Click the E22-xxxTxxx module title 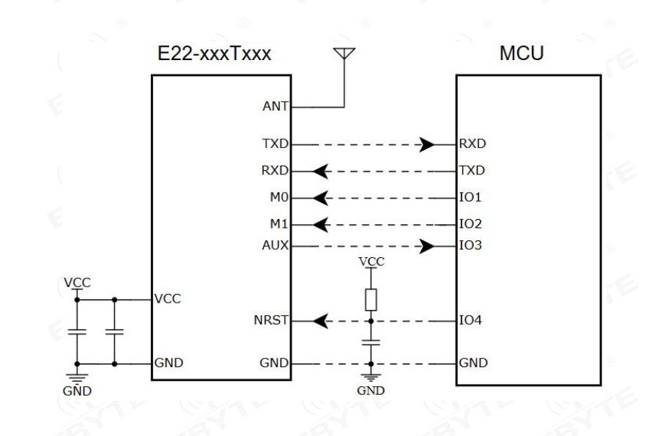click(215, 54)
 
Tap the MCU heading click(522, 53)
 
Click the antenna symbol click(344, 53)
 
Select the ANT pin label click(275, 106)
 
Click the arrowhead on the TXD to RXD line click(426, 144)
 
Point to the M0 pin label click(279, 197)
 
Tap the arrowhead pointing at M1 click(321, 225)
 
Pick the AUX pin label click(275, 245)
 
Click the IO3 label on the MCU click(470, 245)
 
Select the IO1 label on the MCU click(470, 197)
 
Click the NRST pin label click(271, 320)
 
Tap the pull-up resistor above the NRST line click(371, 300)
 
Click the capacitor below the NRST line click(371, 342)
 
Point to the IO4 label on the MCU click(470, 320)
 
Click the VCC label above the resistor click(371, 262)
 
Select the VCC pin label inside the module click(167, 299)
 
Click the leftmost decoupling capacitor click(77, 332)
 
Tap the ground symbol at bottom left click(77, 378)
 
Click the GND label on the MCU click(473, 363)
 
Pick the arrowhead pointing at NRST click(321, 321)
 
